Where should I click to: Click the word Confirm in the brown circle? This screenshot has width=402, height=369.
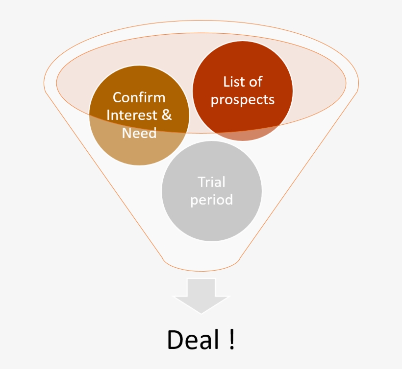[x=139, y=97]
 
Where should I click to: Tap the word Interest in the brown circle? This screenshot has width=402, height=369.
[x=132, y=115]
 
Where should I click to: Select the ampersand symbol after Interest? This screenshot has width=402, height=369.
[x=167, y=115]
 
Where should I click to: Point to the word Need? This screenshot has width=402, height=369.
[x=139, y=133]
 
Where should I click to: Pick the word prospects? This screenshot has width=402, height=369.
[x=243, y=100]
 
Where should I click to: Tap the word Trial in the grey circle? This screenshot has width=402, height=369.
[x=211, y=182]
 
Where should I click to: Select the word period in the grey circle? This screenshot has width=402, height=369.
[x=211, y=200]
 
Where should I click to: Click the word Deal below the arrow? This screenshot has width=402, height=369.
[x=193, y=339]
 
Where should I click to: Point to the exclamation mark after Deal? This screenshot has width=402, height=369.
[x=232, y=339]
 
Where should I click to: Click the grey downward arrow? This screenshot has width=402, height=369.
[x=201, y=296]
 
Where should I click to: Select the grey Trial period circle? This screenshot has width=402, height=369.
[x=212, y=191]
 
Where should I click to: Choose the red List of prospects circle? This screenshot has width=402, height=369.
[x=243, y=91]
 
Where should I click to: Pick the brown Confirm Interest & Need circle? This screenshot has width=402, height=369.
[x=139, y=115]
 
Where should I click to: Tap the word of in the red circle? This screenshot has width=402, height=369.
[x=255, y=82]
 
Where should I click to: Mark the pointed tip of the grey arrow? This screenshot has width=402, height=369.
[x=201, y=314]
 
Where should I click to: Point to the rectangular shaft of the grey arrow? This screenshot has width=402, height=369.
[x=201, y=288]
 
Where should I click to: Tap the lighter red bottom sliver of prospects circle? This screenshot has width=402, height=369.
[x=243, y=135]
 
